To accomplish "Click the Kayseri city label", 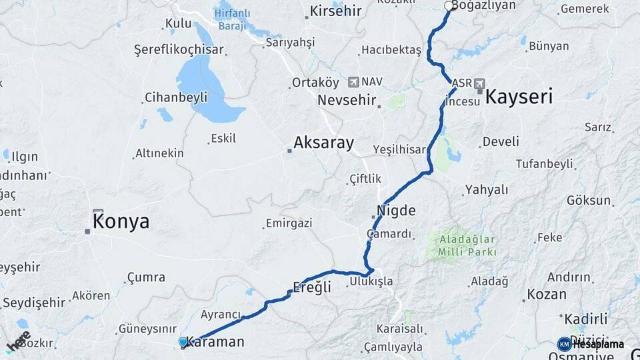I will (x=519, y=97).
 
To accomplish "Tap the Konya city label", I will (x=121, y=222).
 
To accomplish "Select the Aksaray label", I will (x=323, y=143).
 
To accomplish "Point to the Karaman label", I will (x=215, y=342).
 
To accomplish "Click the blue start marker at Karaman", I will (x=183, y=342).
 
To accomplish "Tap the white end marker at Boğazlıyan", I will (x=449, y=6).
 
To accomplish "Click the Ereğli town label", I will (x=312, y=288).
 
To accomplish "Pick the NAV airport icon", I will (x=353, y=81).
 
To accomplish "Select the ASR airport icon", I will (x=479, y=83).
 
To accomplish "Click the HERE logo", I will (x=18, y=342).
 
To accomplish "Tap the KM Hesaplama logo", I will (x=591, y=344).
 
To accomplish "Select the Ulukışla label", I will (x=371, y=282).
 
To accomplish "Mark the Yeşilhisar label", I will (x=399, y=149).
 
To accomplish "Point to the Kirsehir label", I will (x=335, y=12).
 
